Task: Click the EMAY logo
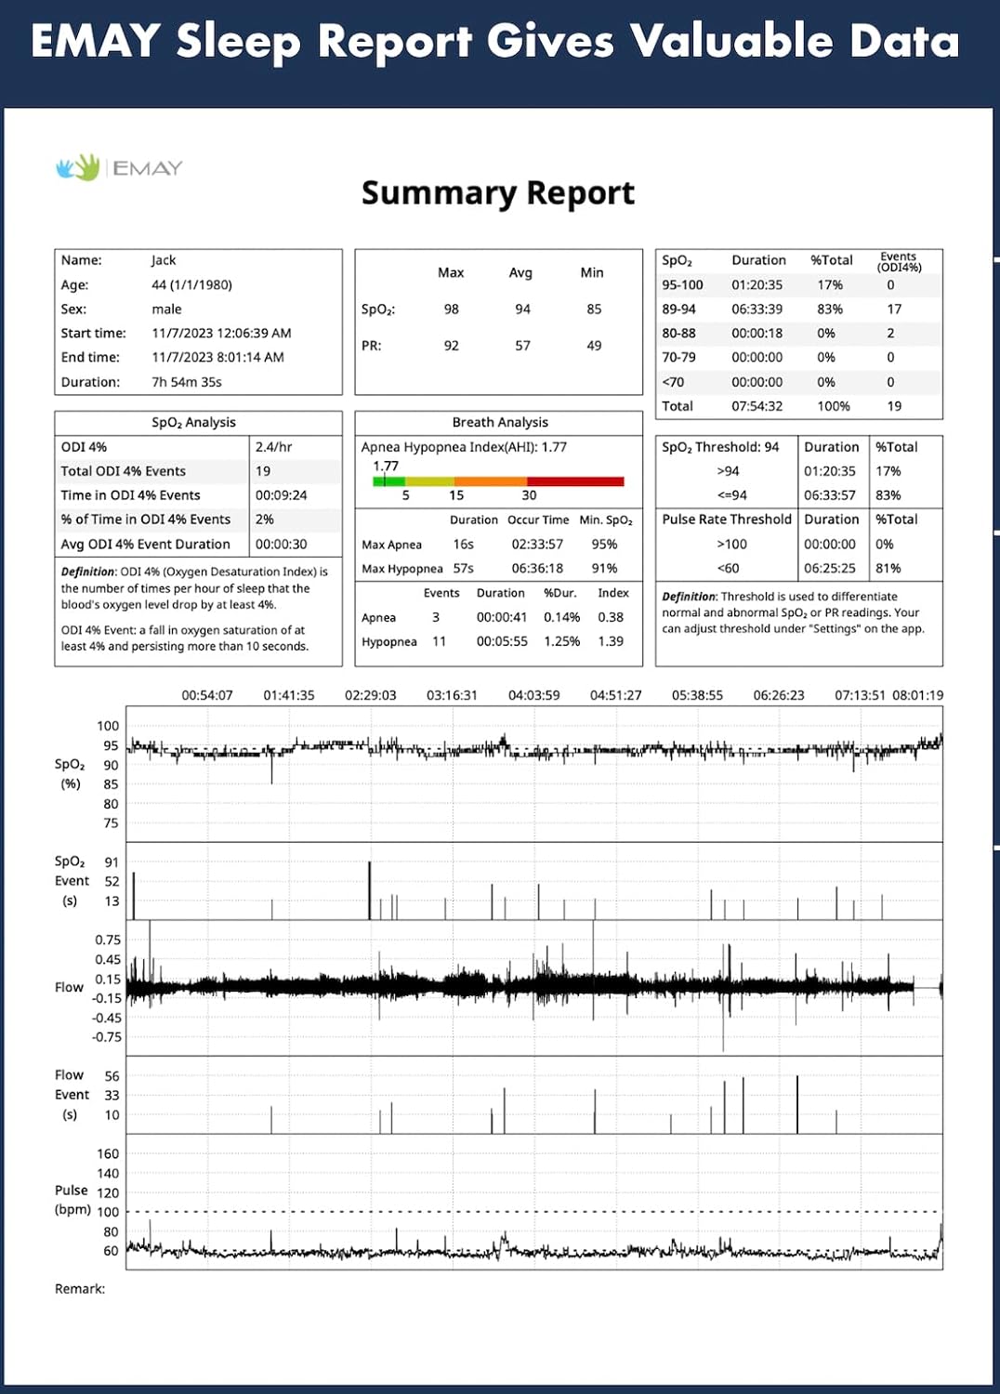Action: coord(119,167)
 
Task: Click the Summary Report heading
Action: coord(497,193)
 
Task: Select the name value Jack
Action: coord(164,260)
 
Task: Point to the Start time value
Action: coord(221,333)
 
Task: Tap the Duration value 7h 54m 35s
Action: coord(187,382)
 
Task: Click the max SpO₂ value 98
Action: coord(451,309)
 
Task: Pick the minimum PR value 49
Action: coord(594,346)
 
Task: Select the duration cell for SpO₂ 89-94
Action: coord(757,309)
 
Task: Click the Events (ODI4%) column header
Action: coord(899,261)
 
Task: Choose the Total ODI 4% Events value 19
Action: coord(263,471)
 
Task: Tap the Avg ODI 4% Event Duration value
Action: coord(281,545)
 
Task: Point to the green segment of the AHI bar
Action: coord(390,481)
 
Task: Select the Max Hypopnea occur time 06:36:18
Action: coord(537,569)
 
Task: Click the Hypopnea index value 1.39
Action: coord(611,641)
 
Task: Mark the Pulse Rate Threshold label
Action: coord(727,519)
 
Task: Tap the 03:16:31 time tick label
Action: coord(452,695)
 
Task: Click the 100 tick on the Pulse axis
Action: coord(108,1212)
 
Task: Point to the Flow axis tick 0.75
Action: coord(108,940)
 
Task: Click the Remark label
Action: coord(80,1289)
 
